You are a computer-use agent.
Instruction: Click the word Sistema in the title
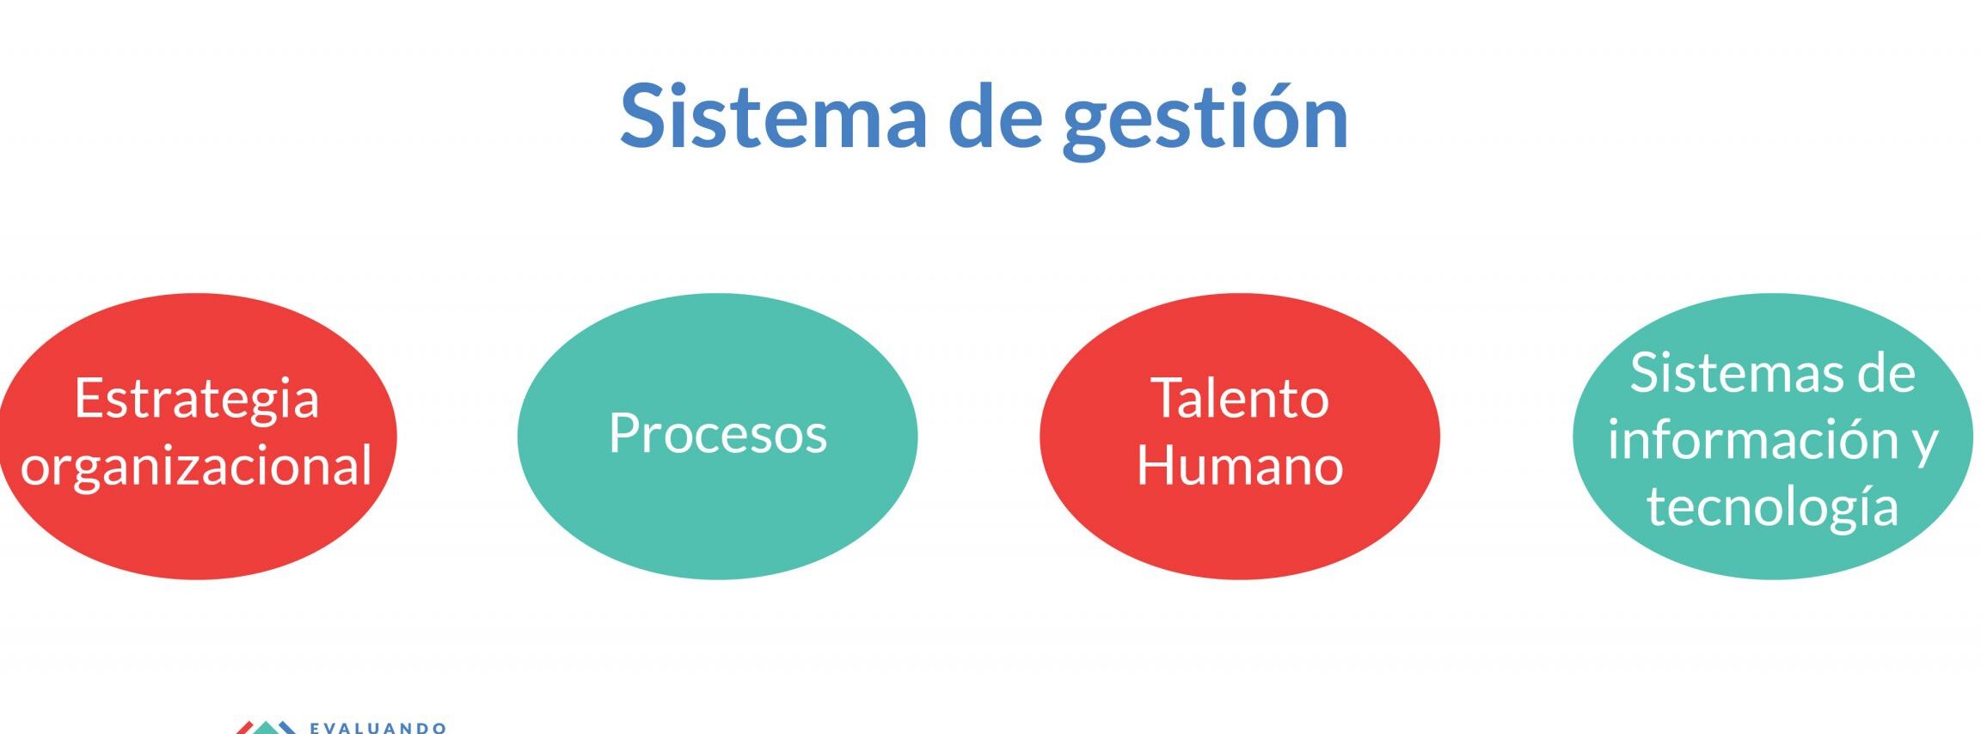click(773, 116)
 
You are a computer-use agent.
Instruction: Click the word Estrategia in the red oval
click(197, 401)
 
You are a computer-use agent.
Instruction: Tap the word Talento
click(1240, 398)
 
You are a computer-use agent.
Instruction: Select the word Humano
click(1240, 465)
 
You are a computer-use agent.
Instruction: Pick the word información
click(1751, 439)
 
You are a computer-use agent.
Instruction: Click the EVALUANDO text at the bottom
click(378, 728)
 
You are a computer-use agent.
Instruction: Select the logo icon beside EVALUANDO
click(267, 727)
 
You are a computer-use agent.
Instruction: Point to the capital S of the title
click(646, 116)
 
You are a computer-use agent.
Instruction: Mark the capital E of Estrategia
click(89, 398)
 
